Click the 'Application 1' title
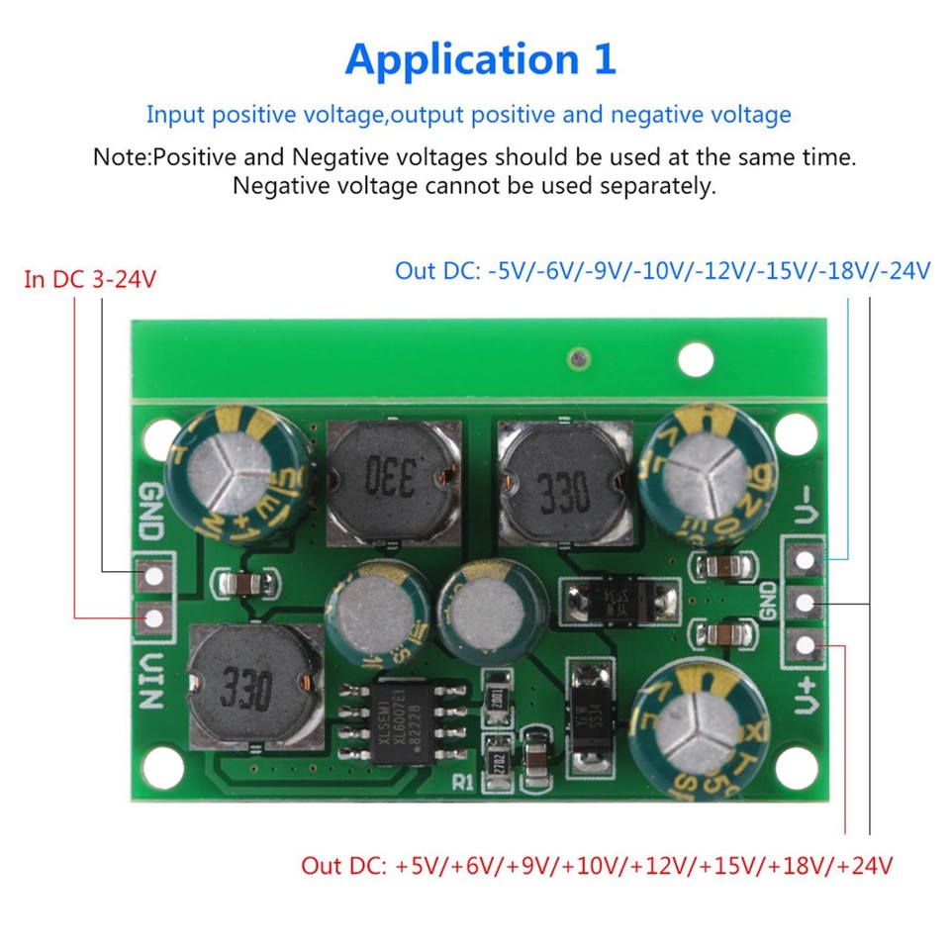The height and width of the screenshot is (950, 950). point(480,59)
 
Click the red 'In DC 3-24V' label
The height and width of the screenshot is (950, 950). point(90,279)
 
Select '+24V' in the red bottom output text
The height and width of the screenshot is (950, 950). point(865,866)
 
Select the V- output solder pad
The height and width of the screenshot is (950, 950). point(807,559)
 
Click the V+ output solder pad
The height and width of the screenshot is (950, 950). point(807,648)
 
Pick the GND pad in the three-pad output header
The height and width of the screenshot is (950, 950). point(807,602)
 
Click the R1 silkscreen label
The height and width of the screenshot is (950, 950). point(463,782)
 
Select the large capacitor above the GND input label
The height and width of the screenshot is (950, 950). point(241,478)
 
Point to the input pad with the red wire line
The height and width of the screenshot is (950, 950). point(154,620)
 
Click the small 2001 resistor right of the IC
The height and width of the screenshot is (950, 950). point(497,694)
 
